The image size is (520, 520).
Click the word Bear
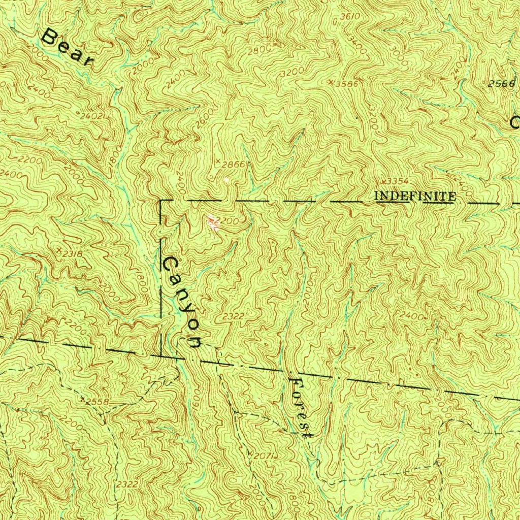pyautogui.click(x=68, y=47)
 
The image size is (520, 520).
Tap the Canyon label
pyautogui.click(x=181, y=303)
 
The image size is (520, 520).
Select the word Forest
pyautogui.click(x=300, y=408)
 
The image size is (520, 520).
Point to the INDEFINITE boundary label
pyautogui.click(x=415, y=196)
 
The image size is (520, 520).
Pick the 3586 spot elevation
pyautogui.click(x=348, y=84)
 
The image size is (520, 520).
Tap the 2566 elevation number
pyautogui.click(x=501, y=84)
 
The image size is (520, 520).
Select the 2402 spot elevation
pyautogui.click(x=92, y=116)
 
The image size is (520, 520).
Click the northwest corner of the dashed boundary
pyautogui.click(x=161, y=201)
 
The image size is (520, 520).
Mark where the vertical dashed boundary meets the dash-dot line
pyautogui.click(x=161, y=356)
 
